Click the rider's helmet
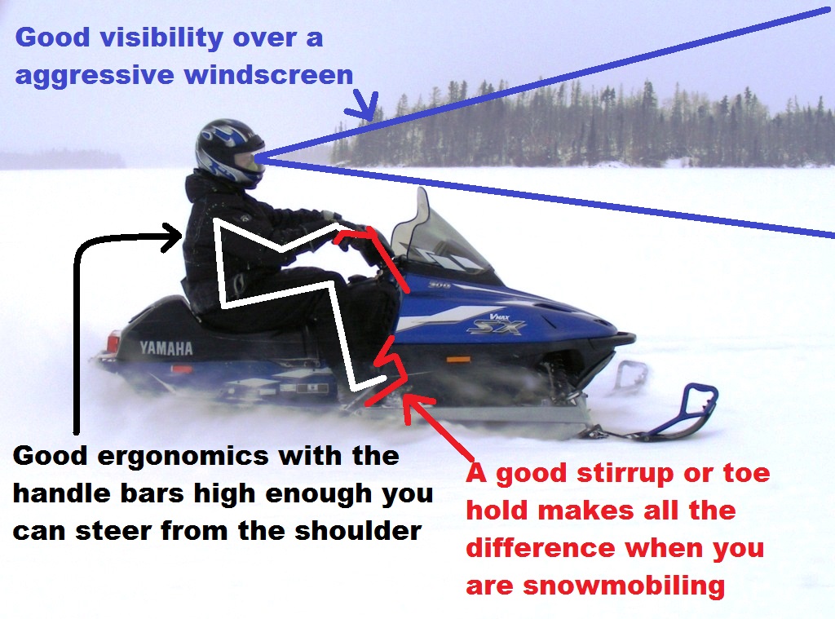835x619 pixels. click(230, 153)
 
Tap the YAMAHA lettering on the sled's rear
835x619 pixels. click(166, 348)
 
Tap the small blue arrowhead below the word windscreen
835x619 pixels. click(364, 106)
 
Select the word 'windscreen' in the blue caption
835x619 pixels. click(268, 74)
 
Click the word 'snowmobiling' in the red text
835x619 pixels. click(624, 586)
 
